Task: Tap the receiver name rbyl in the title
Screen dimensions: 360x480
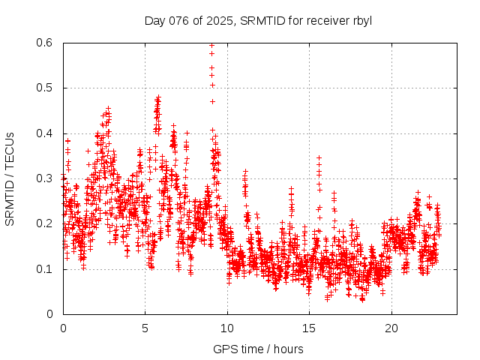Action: click(x=359, y=19)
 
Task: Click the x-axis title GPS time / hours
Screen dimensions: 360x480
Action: click(x=258, y=349)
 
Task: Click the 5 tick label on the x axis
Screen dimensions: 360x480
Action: click(x=145, y=328)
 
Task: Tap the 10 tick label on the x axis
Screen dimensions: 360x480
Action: click(x=227, y=328)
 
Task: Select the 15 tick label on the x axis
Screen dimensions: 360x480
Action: click(x=309, y=328)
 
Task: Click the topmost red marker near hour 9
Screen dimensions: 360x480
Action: click(x=211, y=45)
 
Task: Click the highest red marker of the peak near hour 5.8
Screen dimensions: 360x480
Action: click(x=158, y=97)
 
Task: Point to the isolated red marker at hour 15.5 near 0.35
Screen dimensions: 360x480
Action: click(x=319, y=157)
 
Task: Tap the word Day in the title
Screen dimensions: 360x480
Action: click(x=154, y=19)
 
